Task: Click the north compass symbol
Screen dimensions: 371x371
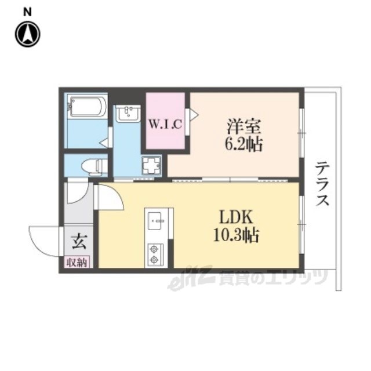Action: point(28,34)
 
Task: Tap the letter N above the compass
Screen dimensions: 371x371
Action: point(27,12)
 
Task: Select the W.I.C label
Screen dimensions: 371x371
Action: point(165,123)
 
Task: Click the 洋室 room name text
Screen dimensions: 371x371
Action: point(244,127)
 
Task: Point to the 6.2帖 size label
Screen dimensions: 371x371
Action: point(243,144)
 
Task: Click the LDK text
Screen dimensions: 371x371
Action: point(236,217)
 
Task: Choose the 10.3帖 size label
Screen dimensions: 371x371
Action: point(236,235)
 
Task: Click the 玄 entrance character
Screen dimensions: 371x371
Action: point(79,241)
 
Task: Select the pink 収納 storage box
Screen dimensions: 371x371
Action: point(77,262)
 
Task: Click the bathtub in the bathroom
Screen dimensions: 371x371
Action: point(86,106)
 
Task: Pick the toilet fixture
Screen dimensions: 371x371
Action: point(93,166)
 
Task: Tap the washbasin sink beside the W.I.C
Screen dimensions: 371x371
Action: point(128,114)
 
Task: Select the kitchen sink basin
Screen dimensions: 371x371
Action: point(156,221)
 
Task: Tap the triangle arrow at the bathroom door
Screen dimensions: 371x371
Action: point(104,143)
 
